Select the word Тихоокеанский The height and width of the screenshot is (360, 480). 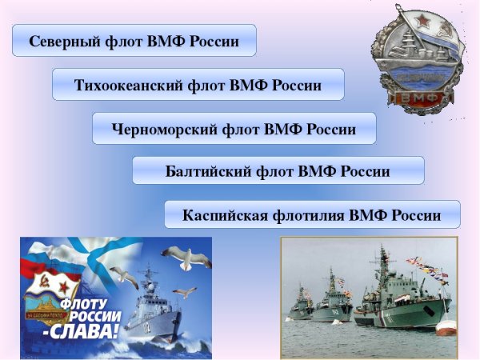(128, 85)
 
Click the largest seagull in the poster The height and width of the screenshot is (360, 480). (186, 258)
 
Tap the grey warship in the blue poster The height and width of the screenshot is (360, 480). (152, 308)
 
